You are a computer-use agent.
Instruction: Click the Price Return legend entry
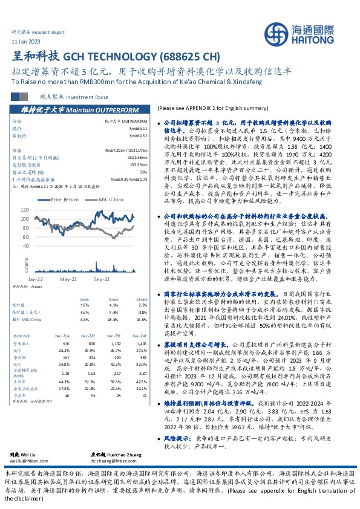65,199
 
